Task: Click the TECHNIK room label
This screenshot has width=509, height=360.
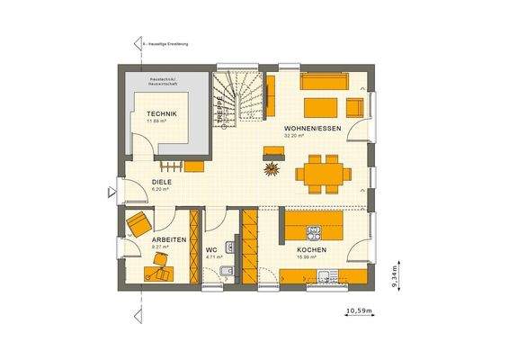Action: [x=162, y=113]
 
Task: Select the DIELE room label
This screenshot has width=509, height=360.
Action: [x=136, y=181]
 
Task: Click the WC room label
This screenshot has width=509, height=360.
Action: [x=210, y=249]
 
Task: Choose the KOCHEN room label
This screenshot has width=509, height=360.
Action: [x=311, y=249]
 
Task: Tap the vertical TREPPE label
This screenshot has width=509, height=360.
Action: [x=218, y=107]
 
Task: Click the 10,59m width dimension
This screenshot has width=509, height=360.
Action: [x=359, y=313]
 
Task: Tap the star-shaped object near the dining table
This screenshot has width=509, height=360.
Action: [x=270, y=167]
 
